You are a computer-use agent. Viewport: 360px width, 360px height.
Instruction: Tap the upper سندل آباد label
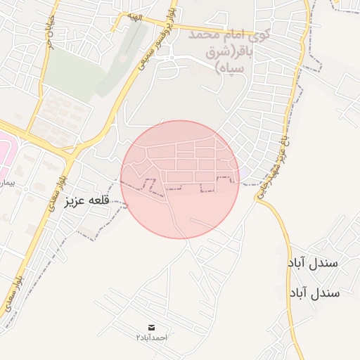(314, 262)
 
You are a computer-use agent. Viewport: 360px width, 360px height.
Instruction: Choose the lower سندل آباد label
(314, 291)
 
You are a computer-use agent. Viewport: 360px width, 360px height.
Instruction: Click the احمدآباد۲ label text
(152, 338)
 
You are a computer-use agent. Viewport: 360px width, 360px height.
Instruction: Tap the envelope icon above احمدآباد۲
(152, 328)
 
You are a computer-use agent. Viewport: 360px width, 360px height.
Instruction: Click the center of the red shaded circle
(180, 179)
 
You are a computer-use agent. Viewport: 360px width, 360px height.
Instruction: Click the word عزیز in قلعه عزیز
(75, 201)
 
